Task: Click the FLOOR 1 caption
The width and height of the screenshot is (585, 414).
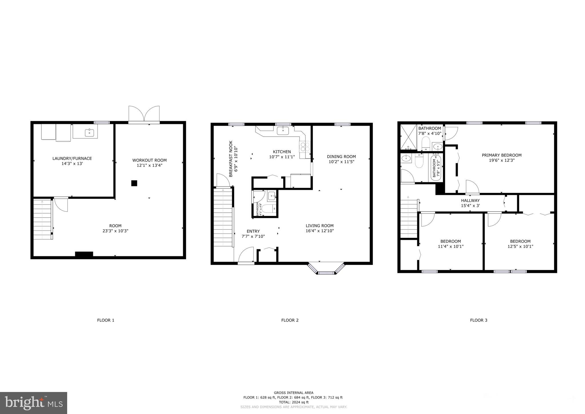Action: [105, 320]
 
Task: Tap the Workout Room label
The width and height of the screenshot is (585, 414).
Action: [149, 160]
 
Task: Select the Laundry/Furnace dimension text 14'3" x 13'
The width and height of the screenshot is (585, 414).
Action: [72, 164]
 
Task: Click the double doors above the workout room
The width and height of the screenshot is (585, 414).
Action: [144, 114]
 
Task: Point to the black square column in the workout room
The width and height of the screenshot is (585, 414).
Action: [134, 183]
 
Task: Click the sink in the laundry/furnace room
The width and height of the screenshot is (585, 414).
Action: [89, 133]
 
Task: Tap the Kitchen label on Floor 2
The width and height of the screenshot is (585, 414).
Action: [282, 152]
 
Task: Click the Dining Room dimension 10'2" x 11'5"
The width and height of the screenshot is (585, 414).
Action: [341, 162]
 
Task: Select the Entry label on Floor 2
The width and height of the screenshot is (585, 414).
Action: [253, 231]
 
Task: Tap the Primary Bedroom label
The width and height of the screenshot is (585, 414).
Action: [502, 155]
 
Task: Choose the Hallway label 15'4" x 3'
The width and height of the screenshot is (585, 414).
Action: [470, 203]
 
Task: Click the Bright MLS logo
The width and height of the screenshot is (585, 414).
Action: [33, 403]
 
